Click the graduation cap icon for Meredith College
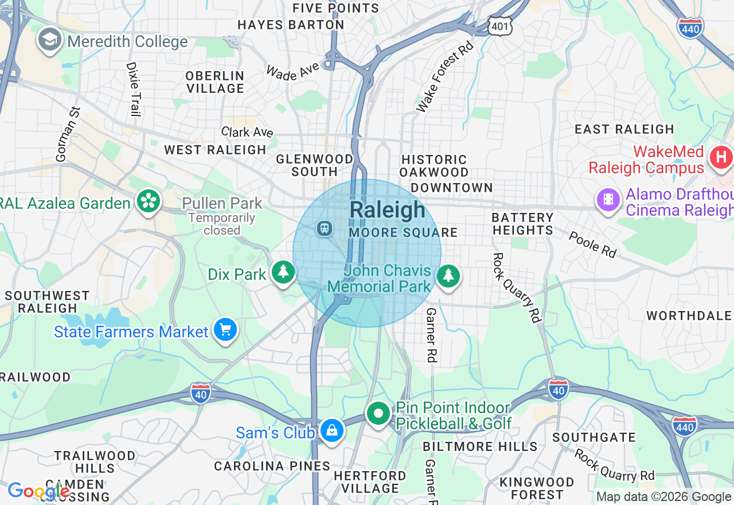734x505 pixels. pos(50,40)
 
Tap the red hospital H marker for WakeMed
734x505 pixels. pos(721,157)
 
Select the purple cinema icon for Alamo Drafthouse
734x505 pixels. pos(608,200)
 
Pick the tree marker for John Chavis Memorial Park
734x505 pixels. pos(448,276)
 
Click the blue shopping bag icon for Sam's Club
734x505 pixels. pos(331,430)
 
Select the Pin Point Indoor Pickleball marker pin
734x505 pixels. pos(378,413)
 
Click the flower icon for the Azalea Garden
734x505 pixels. pos(149,201)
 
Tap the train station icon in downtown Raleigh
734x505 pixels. pos(325,228)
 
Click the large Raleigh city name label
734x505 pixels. pos(388,210)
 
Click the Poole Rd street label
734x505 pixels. pos(593,244)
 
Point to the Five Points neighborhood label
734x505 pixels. pos(336,8)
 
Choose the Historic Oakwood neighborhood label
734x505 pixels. pos(434,166)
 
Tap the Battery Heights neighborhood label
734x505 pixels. pos(522,224)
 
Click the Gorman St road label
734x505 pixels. pos(67,133)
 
